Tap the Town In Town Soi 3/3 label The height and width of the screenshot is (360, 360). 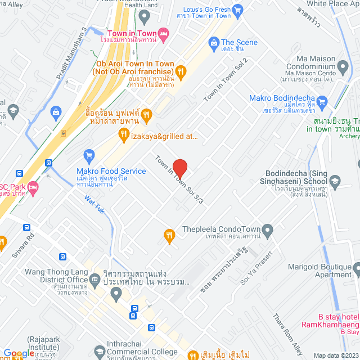tap(180, 179)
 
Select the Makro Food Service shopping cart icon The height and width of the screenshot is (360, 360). tap(88, 154)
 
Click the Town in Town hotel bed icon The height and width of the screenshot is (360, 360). tap(163, 35)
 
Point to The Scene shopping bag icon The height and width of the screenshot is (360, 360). tap(214, 42)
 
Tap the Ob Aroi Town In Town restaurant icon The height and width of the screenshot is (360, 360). tap(180, 71)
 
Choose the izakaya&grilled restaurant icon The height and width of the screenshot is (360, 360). tap(124, 133)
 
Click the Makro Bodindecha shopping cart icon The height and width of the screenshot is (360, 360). tap(321, 102)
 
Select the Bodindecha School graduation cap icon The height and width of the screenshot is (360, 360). tap(335, 181)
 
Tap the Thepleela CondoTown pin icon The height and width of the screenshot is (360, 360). tap(267, 230)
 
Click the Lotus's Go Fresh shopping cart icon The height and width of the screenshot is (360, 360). tap(237, 9)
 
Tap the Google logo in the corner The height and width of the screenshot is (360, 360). tap(19, 353)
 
